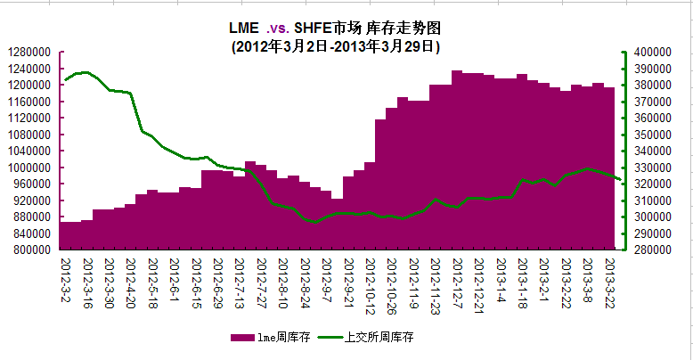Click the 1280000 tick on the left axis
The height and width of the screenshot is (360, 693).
click(x=30, y=52)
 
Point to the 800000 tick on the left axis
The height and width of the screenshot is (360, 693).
click(x=30, y=250)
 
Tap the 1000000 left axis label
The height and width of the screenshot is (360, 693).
click(x=30, y=168)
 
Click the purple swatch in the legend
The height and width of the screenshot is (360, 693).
click(x=242, y=338)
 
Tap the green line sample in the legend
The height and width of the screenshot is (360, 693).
click(x=330, y=338)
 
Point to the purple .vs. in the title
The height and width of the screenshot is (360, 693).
click(x=278, y=27)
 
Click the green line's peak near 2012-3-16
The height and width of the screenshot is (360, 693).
click(x=86, y=72)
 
